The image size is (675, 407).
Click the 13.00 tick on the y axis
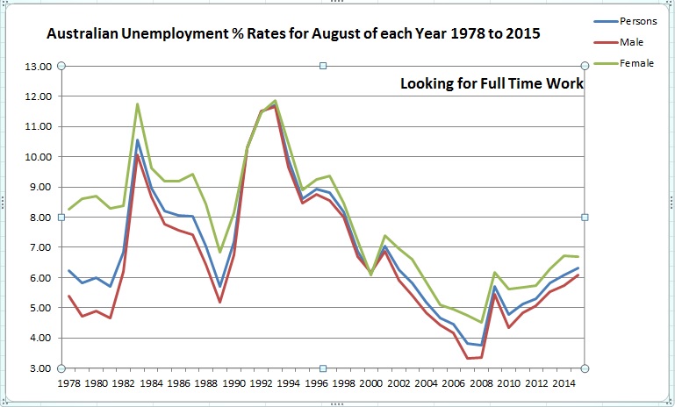pos(39,66)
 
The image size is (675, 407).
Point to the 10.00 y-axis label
pos(39,157)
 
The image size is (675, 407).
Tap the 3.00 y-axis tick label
pos(40,368)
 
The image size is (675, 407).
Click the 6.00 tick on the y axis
pos(40,278)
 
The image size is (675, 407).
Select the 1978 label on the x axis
pos(68,383)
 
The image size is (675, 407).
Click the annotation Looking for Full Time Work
pos(492,84)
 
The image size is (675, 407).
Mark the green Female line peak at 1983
pos(137,104)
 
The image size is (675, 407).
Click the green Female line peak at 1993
pos(275,101)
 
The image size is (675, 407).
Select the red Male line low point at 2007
pos(468,358)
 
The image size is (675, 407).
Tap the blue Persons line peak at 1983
pos(137,139)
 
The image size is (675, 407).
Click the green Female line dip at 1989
pos(219,252)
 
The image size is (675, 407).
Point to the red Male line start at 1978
pos(68,296)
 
